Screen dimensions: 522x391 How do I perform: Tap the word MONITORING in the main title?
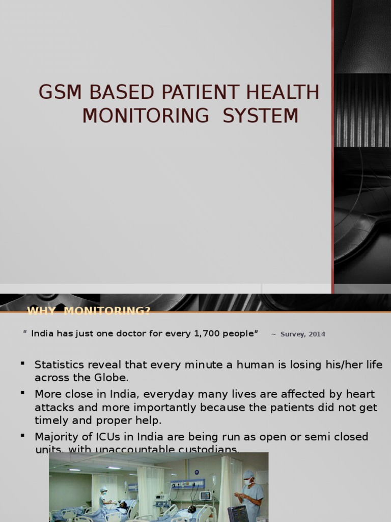(x=146, y=116)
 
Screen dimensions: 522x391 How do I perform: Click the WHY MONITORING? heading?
(x=89, y=311)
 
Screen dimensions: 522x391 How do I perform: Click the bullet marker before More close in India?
(x=22, y=394)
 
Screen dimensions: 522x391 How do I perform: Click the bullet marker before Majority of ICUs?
(x=22, y=436)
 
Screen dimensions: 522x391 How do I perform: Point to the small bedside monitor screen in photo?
(x=205, y=495)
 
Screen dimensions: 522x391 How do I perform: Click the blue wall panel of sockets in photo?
(x=187, y=483)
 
